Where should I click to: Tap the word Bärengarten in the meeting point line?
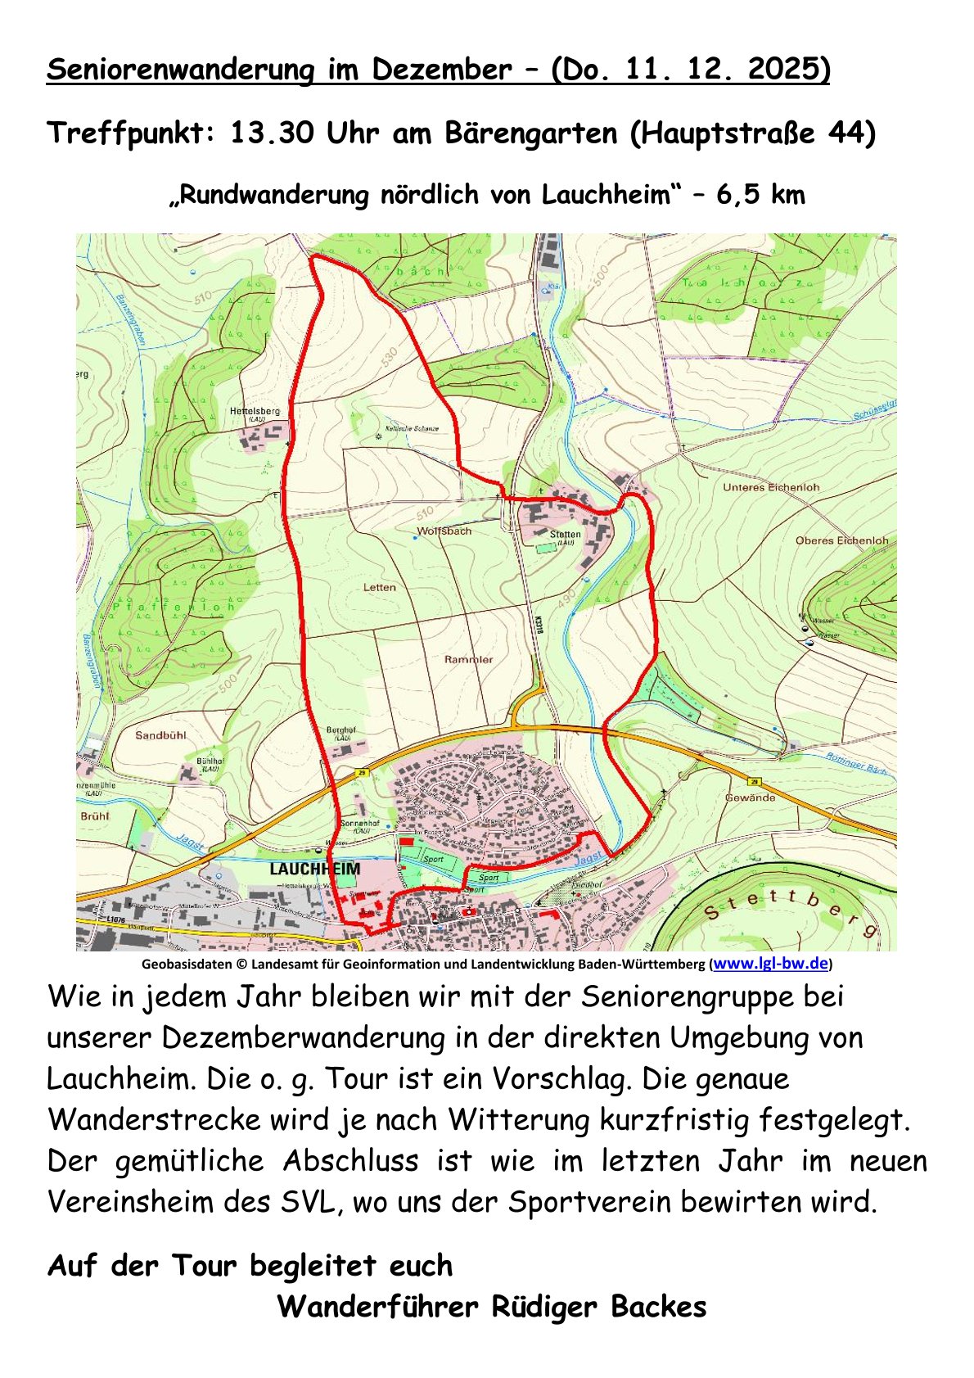pos(531,133)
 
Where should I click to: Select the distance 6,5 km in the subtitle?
pos(760,196)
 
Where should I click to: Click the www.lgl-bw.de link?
pos(771,964)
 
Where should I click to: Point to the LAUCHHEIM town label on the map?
pos(314,869)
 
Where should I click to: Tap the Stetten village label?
pos(565,534)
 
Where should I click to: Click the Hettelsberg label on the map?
pos(255,410)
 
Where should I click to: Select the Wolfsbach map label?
pos(444,531)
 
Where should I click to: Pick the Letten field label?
pos(379,587)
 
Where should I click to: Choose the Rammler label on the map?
pos(468,659)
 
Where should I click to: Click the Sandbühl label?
pos(160,735)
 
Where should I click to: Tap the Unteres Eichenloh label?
pos(770,487)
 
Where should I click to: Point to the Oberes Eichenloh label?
pos(841,540)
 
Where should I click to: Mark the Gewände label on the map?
pos(750,797)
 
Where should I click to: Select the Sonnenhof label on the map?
pos(359,823)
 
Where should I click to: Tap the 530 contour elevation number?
pos(388,357)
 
